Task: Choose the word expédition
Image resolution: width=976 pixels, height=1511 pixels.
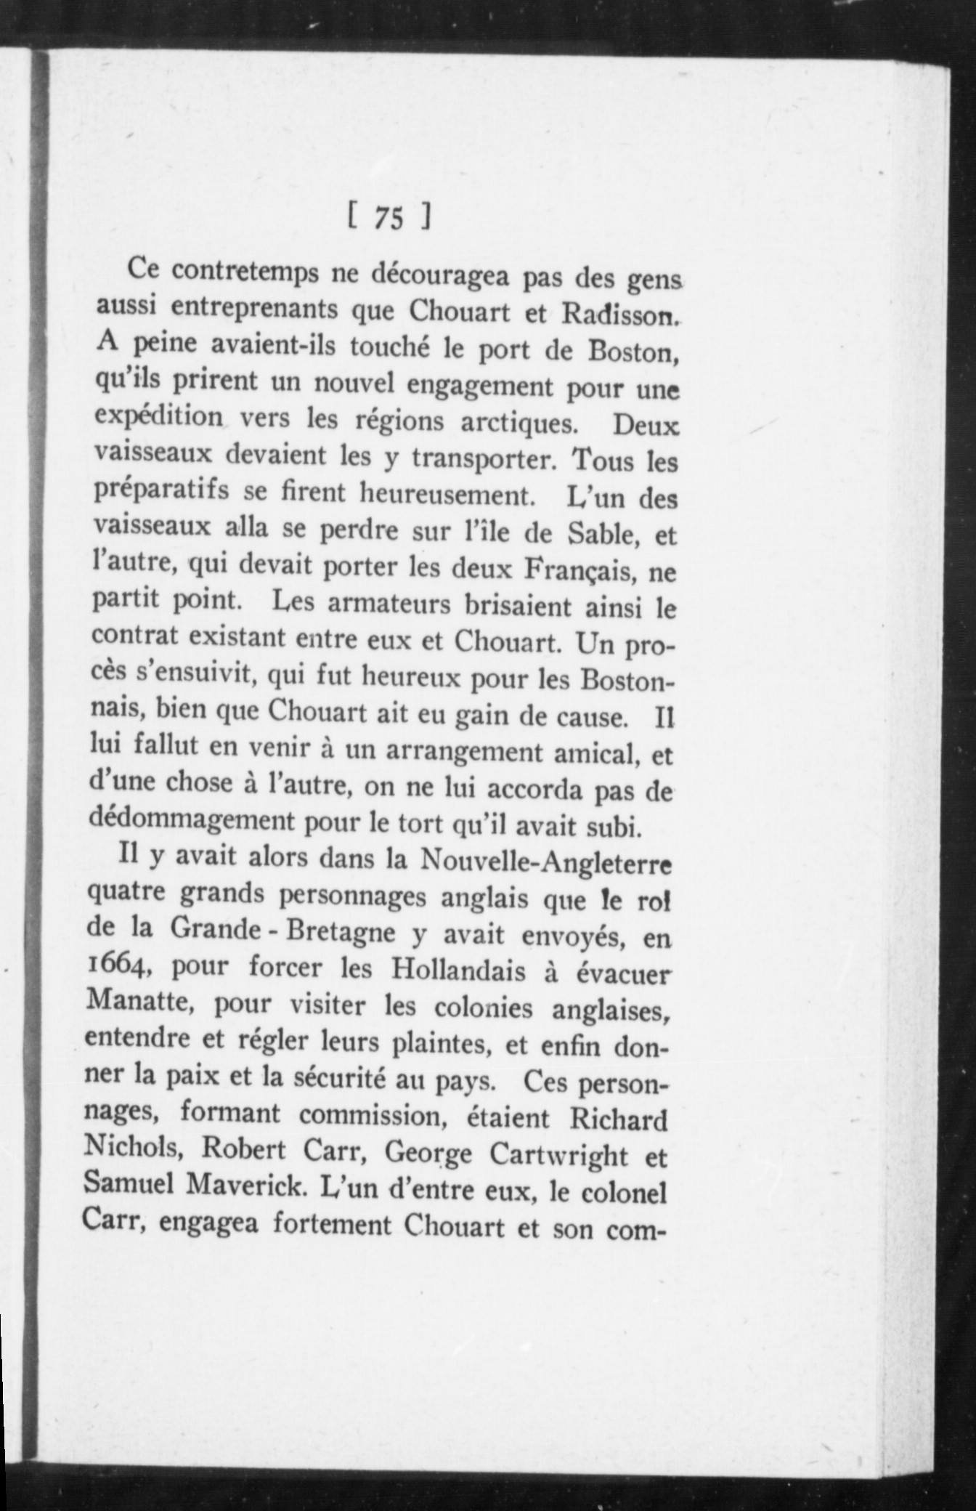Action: [159, 418]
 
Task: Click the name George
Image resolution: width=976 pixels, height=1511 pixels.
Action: [428, 1154]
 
